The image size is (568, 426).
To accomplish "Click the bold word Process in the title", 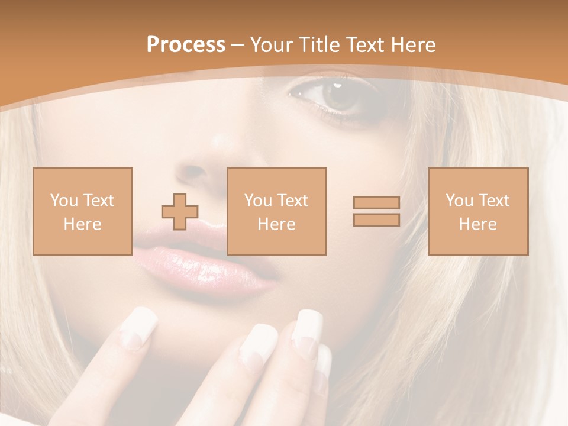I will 186,45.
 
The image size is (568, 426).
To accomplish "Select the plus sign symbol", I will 180,212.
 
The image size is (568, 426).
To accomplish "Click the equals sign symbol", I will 376,211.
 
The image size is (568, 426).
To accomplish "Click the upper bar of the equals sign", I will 376,203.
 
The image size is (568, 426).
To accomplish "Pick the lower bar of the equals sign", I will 376,220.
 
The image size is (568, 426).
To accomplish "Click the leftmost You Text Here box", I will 83,211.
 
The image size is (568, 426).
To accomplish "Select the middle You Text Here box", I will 277,211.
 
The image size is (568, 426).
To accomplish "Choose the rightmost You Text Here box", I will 478,211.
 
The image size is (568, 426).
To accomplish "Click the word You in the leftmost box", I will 63,201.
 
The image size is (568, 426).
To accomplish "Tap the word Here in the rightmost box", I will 478,224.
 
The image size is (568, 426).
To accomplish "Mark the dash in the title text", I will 238,45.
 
